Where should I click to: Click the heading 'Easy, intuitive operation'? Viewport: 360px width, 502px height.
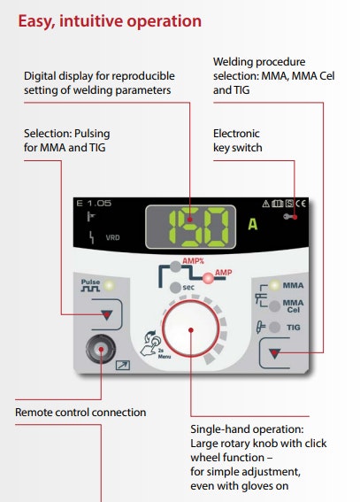pos(110,22)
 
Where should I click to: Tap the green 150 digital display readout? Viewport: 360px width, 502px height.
pos(199,228)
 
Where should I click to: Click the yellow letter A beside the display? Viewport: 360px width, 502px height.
pos(253,224)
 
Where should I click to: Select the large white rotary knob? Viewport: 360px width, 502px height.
pos(191,328)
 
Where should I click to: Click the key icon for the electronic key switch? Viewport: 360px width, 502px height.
pos(290,217)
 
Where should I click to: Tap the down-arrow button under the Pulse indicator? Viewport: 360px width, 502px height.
pos(106,314)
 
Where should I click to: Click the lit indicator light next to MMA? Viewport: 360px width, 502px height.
pos(274,285)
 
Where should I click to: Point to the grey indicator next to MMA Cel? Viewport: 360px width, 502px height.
pos(274,306)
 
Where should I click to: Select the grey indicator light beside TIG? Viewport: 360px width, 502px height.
pos(274,328)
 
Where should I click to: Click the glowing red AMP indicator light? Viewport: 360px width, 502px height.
pos(209,278)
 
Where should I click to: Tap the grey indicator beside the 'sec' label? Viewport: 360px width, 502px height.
pos(175,288)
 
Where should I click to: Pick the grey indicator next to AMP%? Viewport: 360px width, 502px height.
pos(175,266)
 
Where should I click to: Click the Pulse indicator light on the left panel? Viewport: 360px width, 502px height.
pos(109,285)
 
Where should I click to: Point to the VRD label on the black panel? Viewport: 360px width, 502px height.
pos(112,237)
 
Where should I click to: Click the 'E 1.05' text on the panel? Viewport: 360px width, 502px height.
pos(94,203)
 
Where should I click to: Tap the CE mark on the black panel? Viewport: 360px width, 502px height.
pos(301,204)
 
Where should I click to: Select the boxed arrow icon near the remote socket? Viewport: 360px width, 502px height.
pos(122,365)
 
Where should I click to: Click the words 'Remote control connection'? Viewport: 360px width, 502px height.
pos(80,412)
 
